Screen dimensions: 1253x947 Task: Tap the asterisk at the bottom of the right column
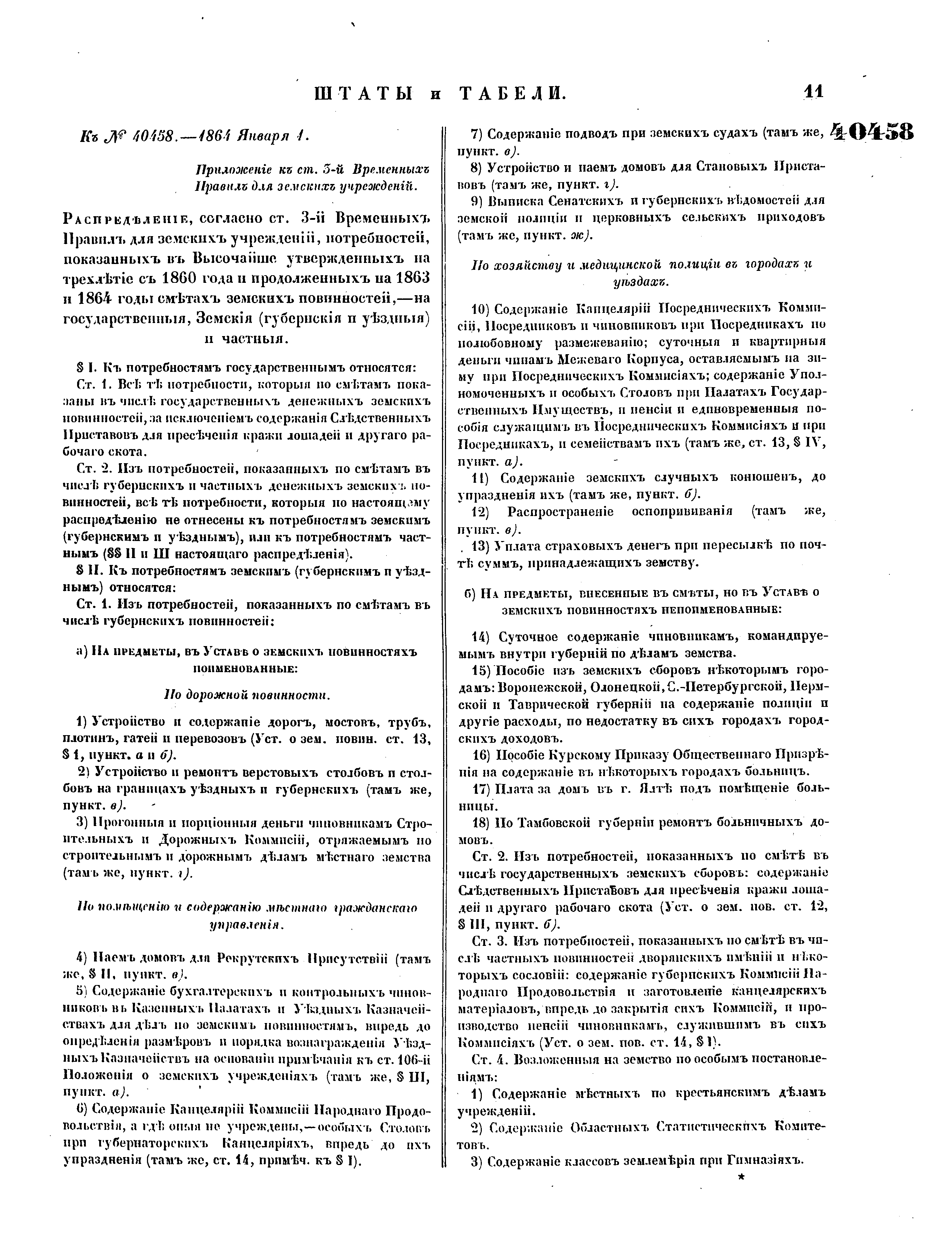click(741, 1177)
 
